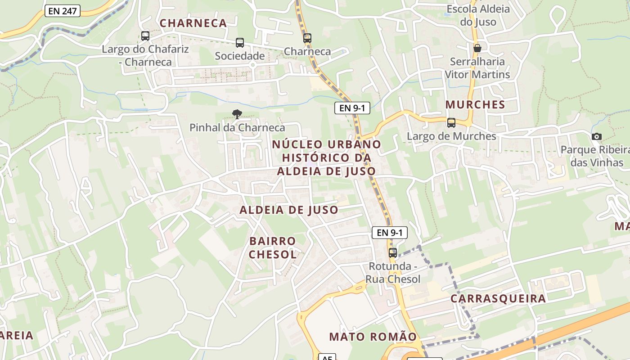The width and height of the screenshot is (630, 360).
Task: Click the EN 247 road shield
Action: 63,11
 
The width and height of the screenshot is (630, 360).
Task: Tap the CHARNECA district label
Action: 193,23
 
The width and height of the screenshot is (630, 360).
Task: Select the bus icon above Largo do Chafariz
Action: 145,36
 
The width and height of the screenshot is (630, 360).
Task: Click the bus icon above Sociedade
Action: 240,43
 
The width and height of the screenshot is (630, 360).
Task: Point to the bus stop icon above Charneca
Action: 307,38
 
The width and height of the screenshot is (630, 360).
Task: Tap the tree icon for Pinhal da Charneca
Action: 237,114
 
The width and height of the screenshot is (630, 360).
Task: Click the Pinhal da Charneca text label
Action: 237,128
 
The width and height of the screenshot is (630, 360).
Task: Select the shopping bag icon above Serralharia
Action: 477,48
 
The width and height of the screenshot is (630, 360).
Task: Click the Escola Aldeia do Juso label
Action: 478,15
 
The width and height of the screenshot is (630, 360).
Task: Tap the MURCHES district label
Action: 475,104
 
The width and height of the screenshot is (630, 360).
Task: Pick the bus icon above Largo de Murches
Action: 451,122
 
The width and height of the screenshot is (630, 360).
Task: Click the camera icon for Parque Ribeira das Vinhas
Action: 597,136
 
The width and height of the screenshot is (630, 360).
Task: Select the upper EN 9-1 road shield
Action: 352,108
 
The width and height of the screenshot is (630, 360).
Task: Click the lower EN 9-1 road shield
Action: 390,233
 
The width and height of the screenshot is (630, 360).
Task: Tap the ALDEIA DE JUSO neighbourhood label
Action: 289,210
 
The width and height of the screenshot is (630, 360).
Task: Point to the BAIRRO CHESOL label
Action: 273,248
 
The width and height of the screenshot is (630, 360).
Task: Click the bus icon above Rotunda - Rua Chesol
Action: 393,252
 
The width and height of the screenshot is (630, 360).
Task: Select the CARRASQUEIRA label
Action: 498,299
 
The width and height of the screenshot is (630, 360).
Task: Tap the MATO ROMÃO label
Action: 373,337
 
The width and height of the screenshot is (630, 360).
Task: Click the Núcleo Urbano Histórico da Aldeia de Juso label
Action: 327,157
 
